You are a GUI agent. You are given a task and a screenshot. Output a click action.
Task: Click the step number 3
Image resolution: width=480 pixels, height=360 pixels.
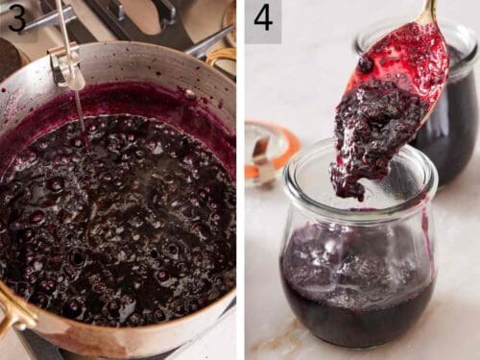pos(16,18)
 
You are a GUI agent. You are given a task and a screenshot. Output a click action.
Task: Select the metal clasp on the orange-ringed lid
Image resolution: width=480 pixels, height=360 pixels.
pos(261,154)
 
